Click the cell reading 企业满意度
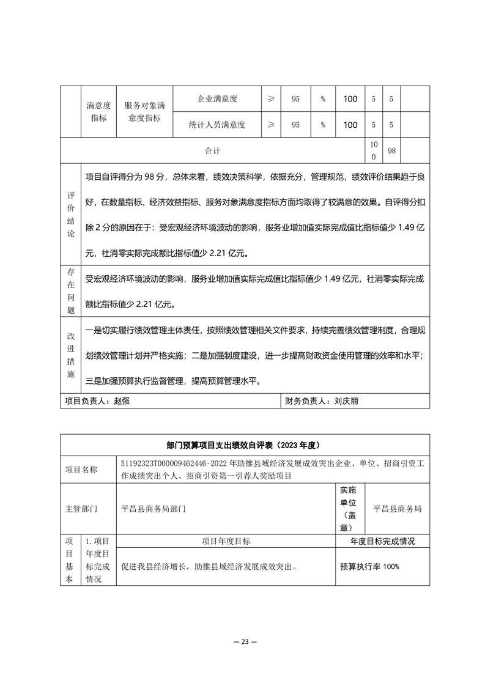coord(217,98)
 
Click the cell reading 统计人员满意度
coord(217,125)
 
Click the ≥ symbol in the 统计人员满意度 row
coord(271,125)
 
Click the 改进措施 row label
coord(70,356)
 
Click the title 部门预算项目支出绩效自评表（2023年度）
coord(243,444)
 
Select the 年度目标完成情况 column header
coord(382,541)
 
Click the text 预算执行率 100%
coord(369,567)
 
